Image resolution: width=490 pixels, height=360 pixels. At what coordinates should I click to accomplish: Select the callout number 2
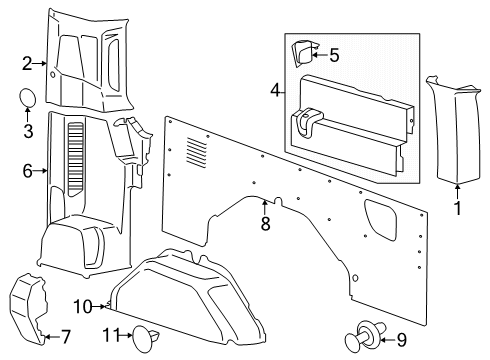pos(27,63)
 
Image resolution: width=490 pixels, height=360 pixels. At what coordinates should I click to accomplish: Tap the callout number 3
pos(28,131)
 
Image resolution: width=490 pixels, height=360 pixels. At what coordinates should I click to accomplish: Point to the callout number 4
pos(274,91)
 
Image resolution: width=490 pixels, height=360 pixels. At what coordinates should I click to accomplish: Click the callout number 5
pos(334,56)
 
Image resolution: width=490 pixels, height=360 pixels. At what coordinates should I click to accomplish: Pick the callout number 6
pos(28,171)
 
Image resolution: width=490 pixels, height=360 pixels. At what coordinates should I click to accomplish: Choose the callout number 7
pos(65,337)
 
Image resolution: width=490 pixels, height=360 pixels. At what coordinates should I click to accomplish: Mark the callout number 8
pos(265,225)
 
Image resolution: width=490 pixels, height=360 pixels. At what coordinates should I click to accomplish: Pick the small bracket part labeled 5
pos(303,56)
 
